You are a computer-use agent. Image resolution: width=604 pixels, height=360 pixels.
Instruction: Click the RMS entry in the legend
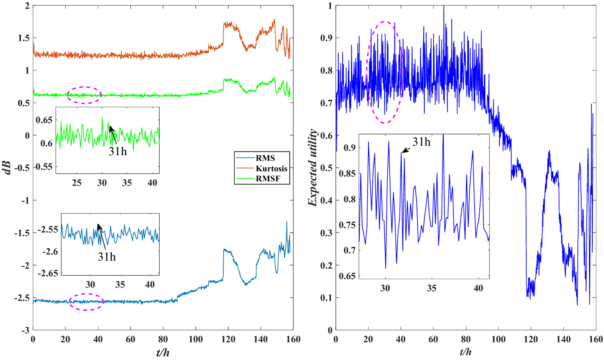point(265,158)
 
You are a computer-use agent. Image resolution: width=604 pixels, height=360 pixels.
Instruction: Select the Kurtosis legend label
point(271,169)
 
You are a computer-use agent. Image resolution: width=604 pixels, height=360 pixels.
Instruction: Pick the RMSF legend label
point(268,179)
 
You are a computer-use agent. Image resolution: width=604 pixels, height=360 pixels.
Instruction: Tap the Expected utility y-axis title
point(312,168)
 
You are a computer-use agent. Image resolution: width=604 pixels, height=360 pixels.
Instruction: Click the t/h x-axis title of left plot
point(163,352)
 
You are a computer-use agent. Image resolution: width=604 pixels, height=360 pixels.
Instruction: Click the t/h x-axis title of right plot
point(466,352)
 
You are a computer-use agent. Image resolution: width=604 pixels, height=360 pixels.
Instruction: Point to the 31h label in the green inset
point(117,151)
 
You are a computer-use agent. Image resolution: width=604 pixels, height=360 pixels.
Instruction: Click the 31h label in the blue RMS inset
point(107,257)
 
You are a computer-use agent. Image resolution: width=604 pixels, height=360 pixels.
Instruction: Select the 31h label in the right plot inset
point(421,142)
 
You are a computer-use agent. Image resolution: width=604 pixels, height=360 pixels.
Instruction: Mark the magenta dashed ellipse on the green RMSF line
point(84,95)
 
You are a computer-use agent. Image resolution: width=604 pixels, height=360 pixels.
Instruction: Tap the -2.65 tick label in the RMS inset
point(48,274)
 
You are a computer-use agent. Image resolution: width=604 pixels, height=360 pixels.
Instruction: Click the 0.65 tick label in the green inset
point(44,120)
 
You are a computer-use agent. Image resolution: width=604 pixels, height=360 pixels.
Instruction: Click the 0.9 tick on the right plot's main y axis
point(326,38)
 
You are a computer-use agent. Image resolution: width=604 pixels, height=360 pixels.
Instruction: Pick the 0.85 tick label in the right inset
point(347,173)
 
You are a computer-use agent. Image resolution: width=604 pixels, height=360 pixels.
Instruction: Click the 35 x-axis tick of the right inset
point(431,288)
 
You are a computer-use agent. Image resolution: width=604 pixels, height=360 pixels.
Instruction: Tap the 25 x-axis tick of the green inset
point(77,183)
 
